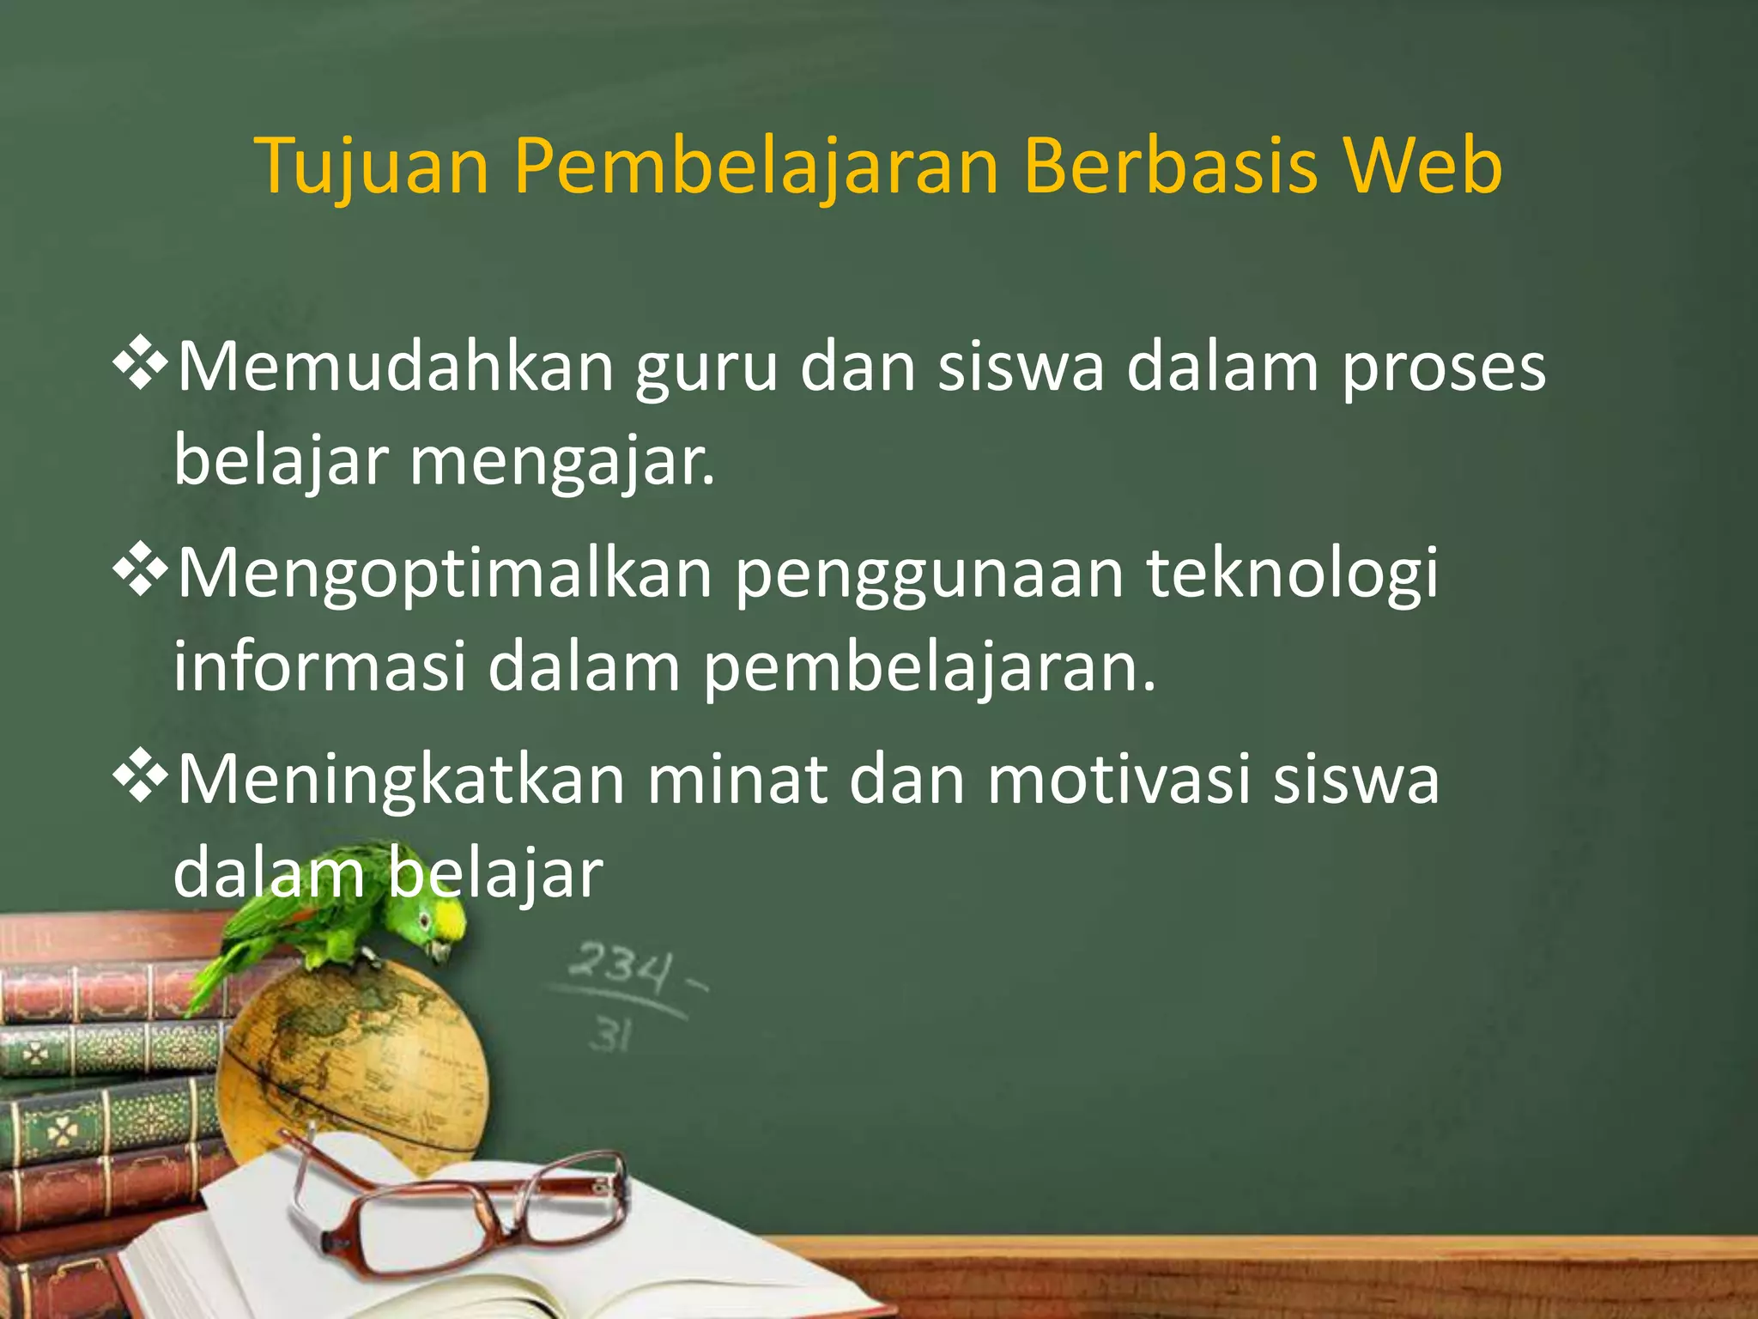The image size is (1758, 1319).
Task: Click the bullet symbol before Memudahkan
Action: (x=141, y=365)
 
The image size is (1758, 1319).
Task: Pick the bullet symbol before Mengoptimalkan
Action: (x=141, y=571)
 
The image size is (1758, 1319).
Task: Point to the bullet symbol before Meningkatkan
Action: (x=141, y=777)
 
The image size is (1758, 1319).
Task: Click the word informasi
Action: (x=320, y=666)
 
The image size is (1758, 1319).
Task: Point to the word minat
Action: (x=737, y=780)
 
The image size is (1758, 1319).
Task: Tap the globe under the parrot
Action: (x=352, y=1065)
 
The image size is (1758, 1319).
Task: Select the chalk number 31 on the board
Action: (x=610, y=1036)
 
